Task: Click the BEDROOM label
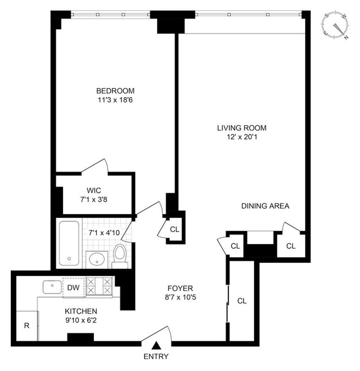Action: [x=115, y=91]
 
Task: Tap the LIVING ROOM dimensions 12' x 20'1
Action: [x=242, y=137]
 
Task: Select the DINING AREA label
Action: [x=265, y=206]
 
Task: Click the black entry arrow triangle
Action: [x=156, y=346]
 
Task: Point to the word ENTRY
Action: [x=156, y=356]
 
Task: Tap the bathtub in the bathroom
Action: [x=69, y=243]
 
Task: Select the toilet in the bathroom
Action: [x=120, y=256]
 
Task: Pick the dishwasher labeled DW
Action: [x=73, y=288]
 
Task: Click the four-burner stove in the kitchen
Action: [x=99, y=286]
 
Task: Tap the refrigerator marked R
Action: [x=27, y=326]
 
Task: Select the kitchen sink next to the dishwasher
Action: [x=52, y=287]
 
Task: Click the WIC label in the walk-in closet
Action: [x=94, y=190]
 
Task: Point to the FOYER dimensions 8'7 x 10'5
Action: [x=180, y=297]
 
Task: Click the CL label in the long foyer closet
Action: [x=242, y=301]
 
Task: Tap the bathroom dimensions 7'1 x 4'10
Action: [x=104, y=233]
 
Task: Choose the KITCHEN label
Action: [x=81, y=311]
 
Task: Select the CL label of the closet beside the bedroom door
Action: [x=175, y=229]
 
